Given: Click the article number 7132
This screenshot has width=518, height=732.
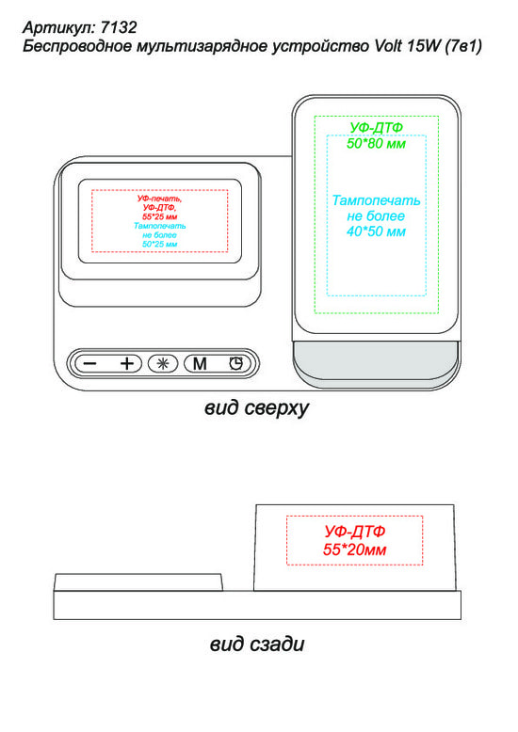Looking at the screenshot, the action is pyautogui.click(x=119, y=27).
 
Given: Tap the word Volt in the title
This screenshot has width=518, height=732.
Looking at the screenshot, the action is pyautogui.click(x=388, y=46).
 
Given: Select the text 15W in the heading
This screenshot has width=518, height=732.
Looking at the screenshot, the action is pyautogui.click(x=424, y=46).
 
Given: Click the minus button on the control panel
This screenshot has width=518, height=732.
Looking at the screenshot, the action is pyautogui.click(x=90, y=363).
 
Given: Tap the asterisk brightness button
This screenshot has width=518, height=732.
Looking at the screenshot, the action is pyautogui.click(x=163, y=363).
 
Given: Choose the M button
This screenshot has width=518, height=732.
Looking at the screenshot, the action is pyautogui.click(x=200, y=363).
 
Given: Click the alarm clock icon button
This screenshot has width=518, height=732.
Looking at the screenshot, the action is pyautogui.click(x=236, y=363).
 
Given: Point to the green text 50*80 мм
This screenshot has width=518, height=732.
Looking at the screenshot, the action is pyautogui.click(x=376, y=143).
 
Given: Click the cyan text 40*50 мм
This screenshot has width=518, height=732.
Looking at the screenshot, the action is pyautogui.click(x=376, y=231).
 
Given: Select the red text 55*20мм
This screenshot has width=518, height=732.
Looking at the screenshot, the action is pyautogui.click(x=354, y=549).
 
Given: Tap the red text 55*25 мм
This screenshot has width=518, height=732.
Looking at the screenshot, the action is pyautogui.click(x=160, y=216).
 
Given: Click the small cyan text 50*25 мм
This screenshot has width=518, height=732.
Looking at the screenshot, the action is pyautogui.click(x=160, y=244).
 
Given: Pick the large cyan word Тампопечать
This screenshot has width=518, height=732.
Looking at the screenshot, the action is pyautogui.click(x=376, y=200).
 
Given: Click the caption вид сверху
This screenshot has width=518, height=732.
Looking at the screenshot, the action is pyautogui.click(x=257, y=408).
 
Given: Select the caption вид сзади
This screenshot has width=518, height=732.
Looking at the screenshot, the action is pyautogui.click(x=257, y=644).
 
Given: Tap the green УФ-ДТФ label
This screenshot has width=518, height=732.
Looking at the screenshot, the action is pyautogui.click(x=376, y=127).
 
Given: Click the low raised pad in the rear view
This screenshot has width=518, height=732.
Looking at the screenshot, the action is pyautogui.click(x=138, y=582).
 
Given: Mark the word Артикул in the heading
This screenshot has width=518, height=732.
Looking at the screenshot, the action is pyautogui.click(x=58, y=27).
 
